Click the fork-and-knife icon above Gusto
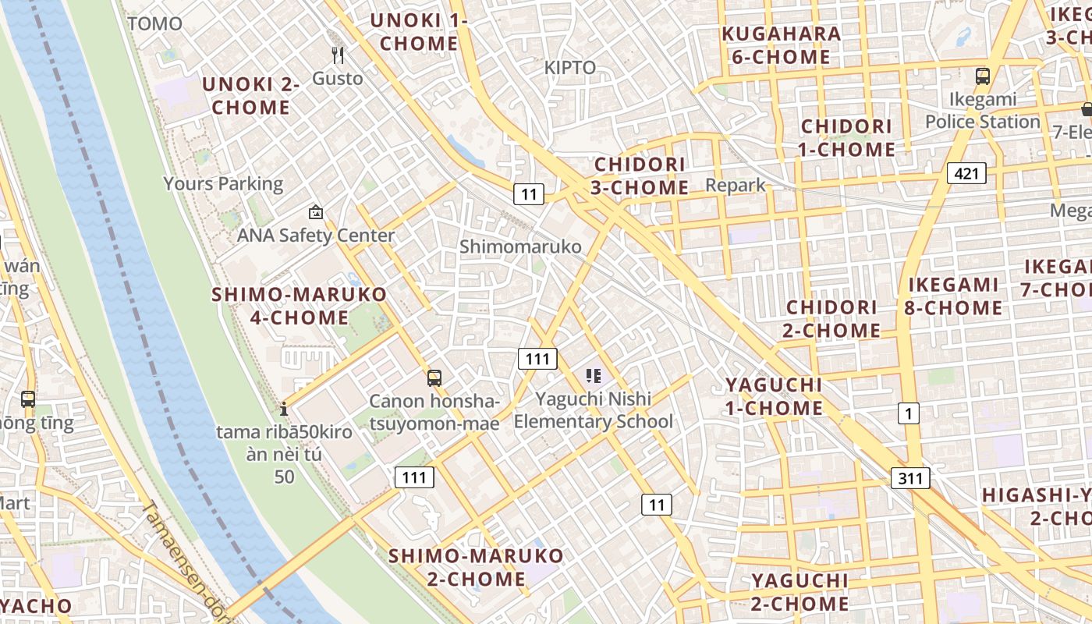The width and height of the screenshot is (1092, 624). [338, 55]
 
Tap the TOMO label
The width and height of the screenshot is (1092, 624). [154, 23]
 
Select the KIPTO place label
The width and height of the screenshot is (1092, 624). [570, 68]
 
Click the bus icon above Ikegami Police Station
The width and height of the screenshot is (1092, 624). [983, 76]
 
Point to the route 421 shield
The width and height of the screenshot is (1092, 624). [966, 173]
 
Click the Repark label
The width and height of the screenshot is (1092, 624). [736, 186]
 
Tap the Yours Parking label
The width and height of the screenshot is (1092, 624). [223, 184]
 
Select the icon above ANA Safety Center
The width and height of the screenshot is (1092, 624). [316, 211]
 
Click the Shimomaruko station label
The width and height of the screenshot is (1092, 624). [520, 247]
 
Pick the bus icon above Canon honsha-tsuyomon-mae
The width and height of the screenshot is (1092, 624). [434, 378]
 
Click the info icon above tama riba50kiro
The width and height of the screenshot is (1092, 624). [284, 408]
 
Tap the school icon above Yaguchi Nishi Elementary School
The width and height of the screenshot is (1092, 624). [594, 377]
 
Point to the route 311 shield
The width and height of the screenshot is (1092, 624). [910, 478]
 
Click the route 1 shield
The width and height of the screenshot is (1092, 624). [908, 413]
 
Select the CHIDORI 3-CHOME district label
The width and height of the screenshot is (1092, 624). [640, 176]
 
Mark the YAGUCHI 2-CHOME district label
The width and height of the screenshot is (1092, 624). [799, 592]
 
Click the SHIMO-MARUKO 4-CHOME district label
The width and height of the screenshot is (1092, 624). [300, 306]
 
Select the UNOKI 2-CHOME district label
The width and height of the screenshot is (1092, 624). [251, 96]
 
